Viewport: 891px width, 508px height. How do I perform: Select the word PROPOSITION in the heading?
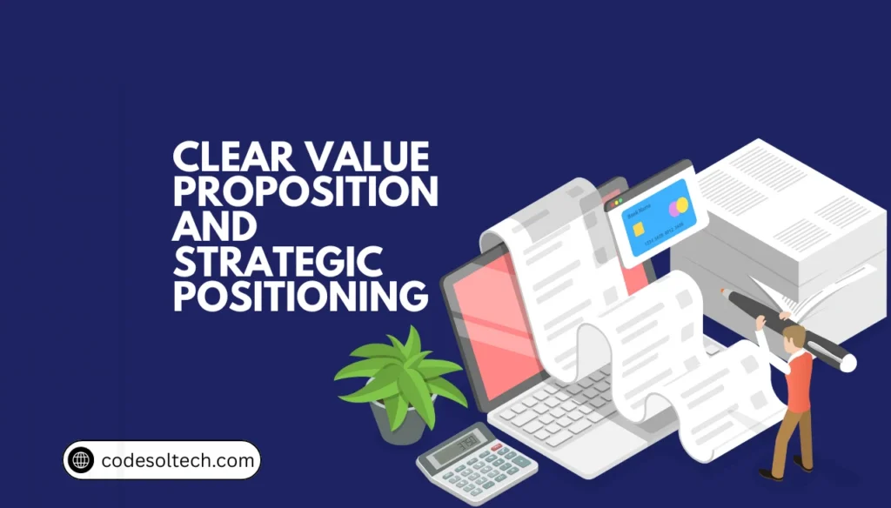(305, 191)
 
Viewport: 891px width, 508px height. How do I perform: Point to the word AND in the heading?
(215, 226)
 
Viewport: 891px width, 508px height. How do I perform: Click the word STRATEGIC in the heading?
(278, 261)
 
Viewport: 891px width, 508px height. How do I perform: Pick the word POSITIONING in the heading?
(300, 296)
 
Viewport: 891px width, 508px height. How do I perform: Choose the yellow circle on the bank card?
(681, 205)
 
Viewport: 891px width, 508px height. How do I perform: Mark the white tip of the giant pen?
(847, 362)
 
